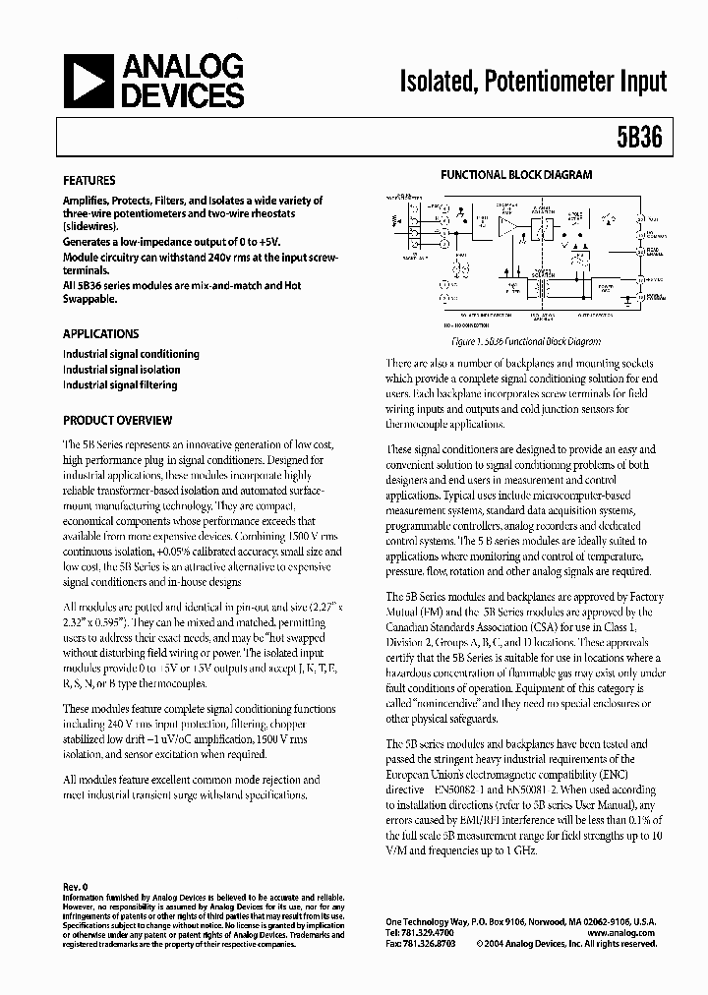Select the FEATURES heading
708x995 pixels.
click(x=89, y=181)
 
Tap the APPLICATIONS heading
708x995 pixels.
click(x=101, y=333)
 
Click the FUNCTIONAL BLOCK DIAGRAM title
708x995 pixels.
click(x=516, y=175)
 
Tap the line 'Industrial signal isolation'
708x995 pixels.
click(x=122, y=370)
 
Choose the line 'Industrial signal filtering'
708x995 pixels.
click(x=121, y=385)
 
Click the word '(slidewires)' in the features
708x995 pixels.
click(x=91, y=226)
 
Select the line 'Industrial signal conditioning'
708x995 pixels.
click(x=132, y=354)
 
